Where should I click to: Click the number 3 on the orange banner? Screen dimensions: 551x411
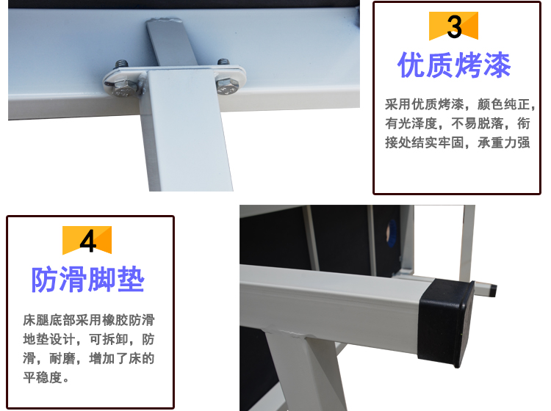pyautogui.click(x=454, y=26)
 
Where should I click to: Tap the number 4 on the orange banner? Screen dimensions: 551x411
pyautogui.click(x=87, y=241)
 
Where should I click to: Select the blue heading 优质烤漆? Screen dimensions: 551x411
pyautogui.click(x=454, y=65)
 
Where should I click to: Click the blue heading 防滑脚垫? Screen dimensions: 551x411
pyautogui.click(x=88, y=280)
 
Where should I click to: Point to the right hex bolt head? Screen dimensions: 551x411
pyautogui.click(x=227, y=86)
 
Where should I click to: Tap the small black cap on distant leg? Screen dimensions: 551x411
pyautogui.click(x=494, y=291)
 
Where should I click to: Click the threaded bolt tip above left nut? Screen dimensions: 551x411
pyautogui.click(x=121, y=64)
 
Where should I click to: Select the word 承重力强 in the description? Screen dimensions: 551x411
pyautogui.click(x=503, y=142)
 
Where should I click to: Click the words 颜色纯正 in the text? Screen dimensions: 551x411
pyautogui.click(x=503, y=104)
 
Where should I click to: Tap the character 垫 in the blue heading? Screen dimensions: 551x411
pyautogui.click(x=131, y=280)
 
